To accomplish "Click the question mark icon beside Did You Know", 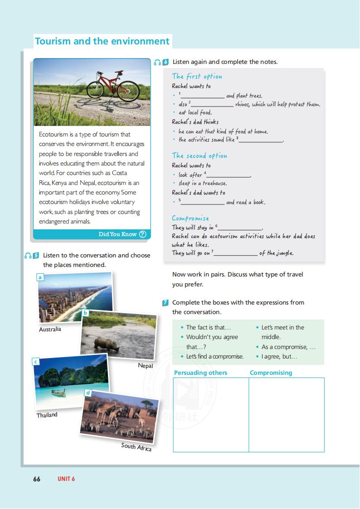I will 143,234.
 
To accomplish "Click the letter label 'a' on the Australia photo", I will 40,277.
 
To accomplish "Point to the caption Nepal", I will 146,365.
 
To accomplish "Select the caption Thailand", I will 47,415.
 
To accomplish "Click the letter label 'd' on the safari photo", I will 88,393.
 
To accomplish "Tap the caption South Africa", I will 136,446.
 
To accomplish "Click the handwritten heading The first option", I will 197,76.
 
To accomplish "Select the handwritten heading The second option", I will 199,155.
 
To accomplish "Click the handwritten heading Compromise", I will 190,218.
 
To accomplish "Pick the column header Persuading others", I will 200,373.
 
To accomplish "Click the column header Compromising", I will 271,373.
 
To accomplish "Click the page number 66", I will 37,479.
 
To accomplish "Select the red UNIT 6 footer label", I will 66,479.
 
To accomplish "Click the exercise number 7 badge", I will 165,303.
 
